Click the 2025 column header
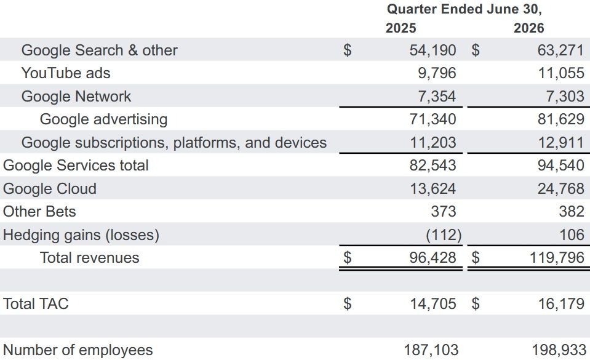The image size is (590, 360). pyautogui.click(x=401, y=28)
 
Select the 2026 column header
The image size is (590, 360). pyautogui.click(x=528, y=28)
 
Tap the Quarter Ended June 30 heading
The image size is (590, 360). pyautogui.click(x=464, y=9)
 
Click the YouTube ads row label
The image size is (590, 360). pyautogui.click(x=66, y=73)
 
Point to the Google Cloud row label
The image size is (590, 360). pyautogui.click(x=50, y=189)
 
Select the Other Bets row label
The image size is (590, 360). pyautogui.click(x=39, y=212)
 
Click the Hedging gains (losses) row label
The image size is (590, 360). pyautogui.click(x=81, y=235)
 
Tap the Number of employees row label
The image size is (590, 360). pyautogui.click(x=78, y=350)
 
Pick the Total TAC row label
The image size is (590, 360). pyautogui.click(x=36, y=304)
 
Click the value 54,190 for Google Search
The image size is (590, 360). pyautogui.click(x=433, y=50)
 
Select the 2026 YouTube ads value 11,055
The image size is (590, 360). pyautogui.click(x=561, y=73)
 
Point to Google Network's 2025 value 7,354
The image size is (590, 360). pyautogui.click(x=437, y=97)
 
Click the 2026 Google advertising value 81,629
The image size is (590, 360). pyautogui.click(x=561, y=119)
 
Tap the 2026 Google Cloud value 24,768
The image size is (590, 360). pyautogui.click(x=561, y=189)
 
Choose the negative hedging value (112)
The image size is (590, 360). pyautogui.click(x=444, y=235)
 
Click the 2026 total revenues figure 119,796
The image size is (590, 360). pyautogui.click(x=557, y=258)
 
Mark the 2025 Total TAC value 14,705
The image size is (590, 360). pyautogui.click(x=433, y=304)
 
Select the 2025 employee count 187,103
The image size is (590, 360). pyautogui.click(x=431, y=350)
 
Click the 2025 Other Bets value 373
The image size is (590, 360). pyautogui.click(x=444, y=212)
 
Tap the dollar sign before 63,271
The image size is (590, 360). pyautogui.click(x=476, y=50)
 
